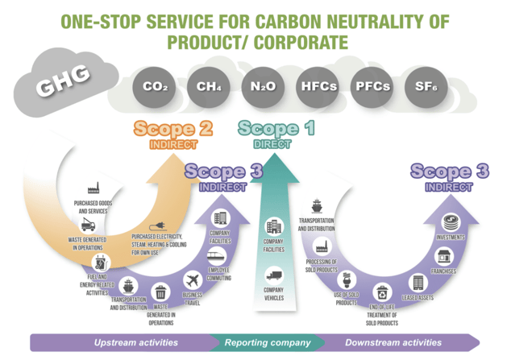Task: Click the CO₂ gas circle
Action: [x=154, y=87]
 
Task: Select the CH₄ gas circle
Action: [x=209, y=87]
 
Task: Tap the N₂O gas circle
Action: [x=264, y=87]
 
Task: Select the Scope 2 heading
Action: [x=172, y=129]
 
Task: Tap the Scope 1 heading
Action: [x=276, y=128]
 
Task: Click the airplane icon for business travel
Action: [x=192, y=280]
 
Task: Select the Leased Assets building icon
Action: [x=418, y=283]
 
